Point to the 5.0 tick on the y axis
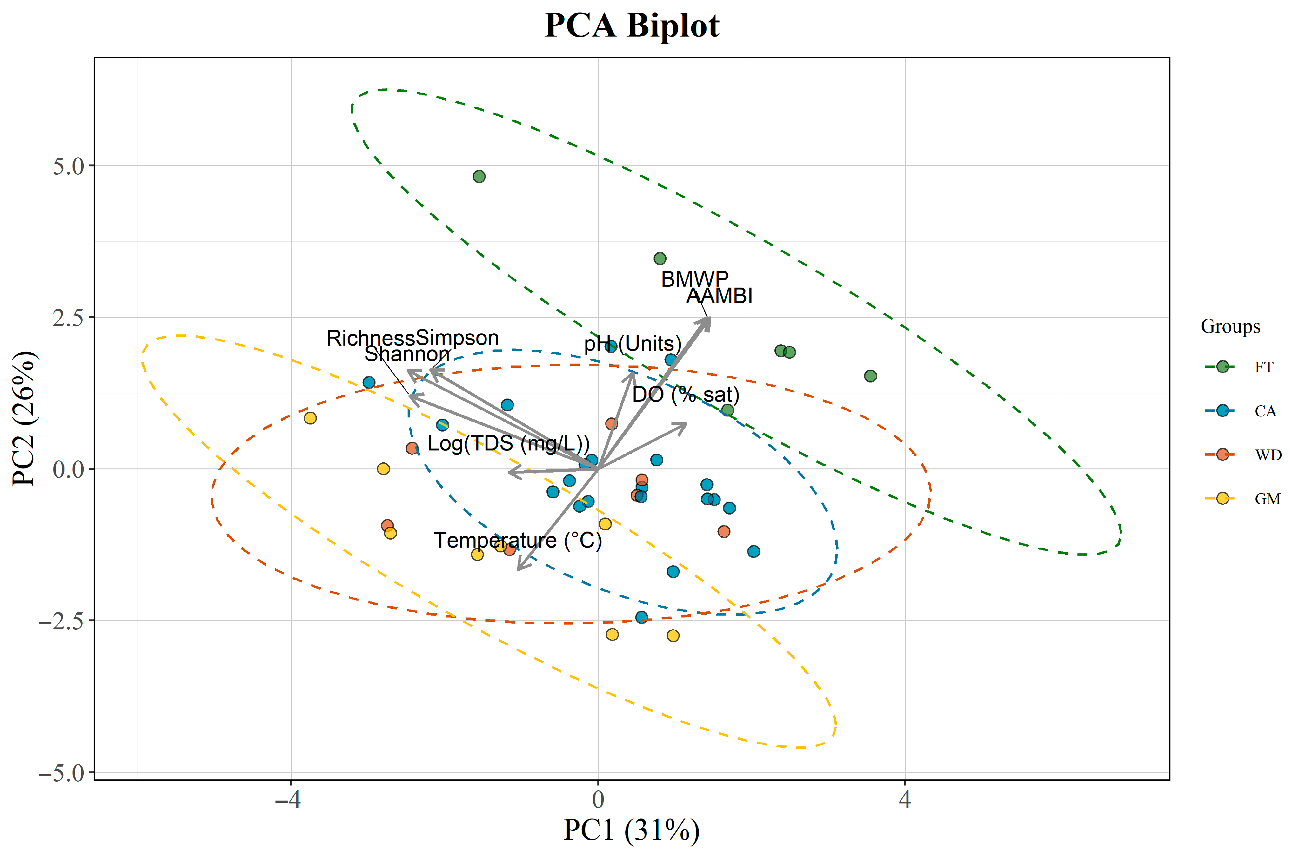coord(69,166)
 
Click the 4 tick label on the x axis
coord(905,800)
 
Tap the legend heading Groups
coord(1230,326)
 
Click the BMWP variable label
coord(695,279)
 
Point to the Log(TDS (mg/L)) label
coord(508,443)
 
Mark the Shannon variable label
coord(407,354)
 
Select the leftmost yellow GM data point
coord(310,418)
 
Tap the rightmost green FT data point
coord(870,376)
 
